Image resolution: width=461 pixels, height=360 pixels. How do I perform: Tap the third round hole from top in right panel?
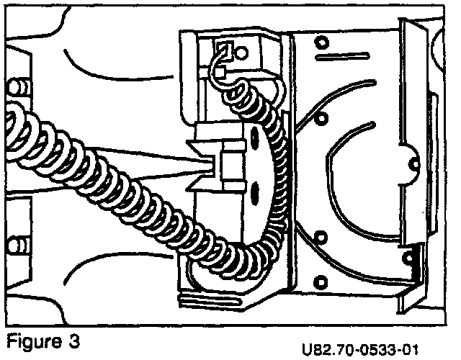(321, 237)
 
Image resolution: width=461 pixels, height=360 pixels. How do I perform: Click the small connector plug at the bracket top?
(225, 50)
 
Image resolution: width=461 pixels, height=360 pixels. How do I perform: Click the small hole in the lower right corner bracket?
(411, 256)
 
